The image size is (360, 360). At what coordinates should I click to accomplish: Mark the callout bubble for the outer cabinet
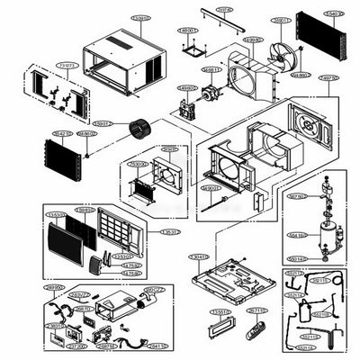coord(139,17)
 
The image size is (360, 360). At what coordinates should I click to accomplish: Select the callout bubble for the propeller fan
coord(282,19)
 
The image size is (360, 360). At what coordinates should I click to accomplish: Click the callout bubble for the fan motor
coord(212,69)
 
